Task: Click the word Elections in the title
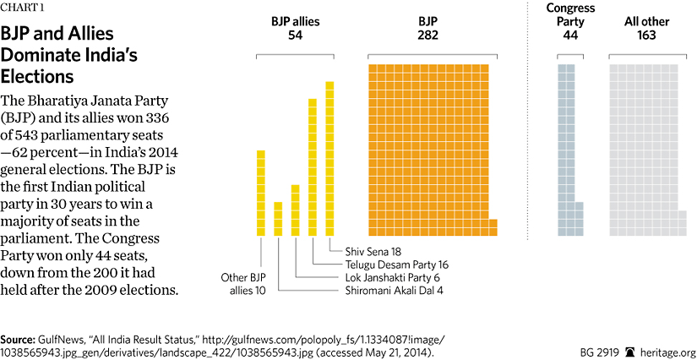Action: point(38,77)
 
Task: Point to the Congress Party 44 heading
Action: point(570,23)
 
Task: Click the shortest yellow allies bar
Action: point(278,219)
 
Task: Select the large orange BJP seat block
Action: point(429,149)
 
